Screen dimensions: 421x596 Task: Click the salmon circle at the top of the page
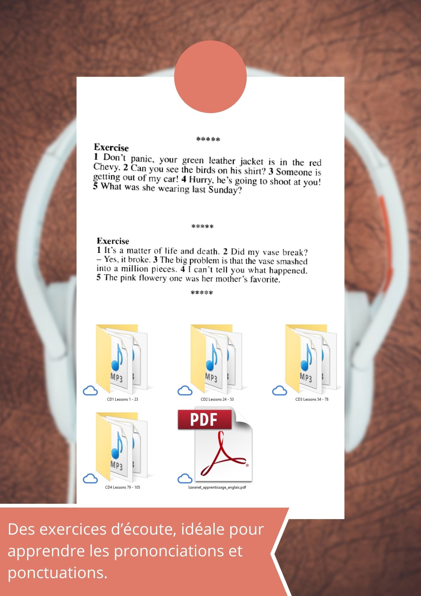coord(210,77)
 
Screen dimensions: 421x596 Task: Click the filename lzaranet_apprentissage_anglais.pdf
coord(217,487)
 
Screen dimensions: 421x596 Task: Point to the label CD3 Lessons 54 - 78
coord(312,399)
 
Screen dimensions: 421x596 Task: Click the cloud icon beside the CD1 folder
coord(90,390)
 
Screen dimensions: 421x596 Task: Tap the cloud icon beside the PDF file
coord(185,479)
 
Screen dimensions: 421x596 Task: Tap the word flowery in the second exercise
coord(153,278)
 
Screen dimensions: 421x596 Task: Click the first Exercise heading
coord(111,148)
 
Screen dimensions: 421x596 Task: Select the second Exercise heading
coord(113,241)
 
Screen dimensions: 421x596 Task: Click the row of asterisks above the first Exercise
coord(208,139)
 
